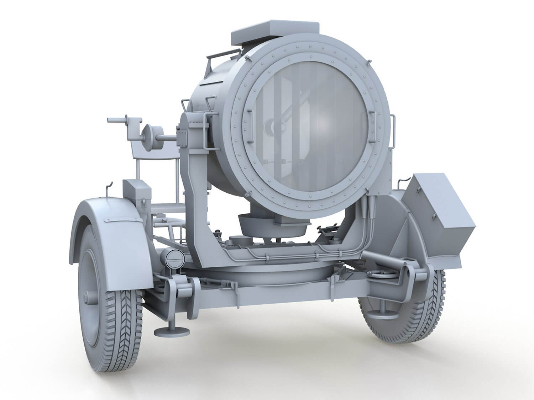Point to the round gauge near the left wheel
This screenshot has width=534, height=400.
[x=174, y=257]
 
